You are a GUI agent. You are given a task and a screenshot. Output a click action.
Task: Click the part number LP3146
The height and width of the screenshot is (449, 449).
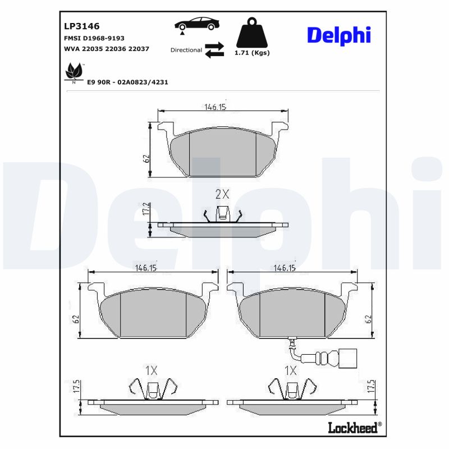coord(82,26)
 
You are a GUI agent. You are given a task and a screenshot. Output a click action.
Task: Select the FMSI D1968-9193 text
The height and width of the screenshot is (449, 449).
coord(95,38)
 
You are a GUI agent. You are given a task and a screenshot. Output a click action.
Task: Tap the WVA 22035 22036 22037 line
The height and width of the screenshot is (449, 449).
coord(107,49)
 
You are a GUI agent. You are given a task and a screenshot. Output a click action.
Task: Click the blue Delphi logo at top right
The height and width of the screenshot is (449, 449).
coord(338,35)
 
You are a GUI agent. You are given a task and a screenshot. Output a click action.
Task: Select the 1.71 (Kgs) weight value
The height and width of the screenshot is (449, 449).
coord(252,53)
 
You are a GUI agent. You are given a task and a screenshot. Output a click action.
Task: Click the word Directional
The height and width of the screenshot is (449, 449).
coord(186,50)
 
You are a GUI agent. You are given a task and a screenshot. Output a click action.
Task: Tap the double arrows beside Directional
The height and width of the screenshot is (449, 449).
coord(214,49)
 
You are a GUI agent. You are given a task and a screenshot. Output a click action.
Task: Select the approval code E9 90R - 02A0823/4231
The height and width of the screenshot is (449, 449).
coord(128,82)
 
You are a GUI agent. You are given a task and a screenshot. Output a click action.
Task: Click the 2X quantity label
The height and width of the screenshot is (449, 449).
coord(223,194)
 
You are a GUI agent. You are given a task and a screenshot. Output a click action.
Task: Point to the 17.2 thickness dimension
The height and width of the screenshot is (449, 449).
coord(144,209)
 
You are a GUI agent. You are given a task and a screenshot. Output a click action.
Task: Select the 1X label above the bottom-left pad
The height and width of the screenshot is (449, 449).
coord(150,370)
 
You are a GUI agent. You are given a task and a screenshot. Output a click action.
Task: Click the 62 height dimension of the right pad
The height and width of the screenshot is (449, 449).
coord(368,319)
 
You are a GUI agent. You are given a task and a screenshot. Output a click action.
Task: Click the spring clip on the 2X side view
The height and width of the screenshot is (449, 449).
coord(223,213)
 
